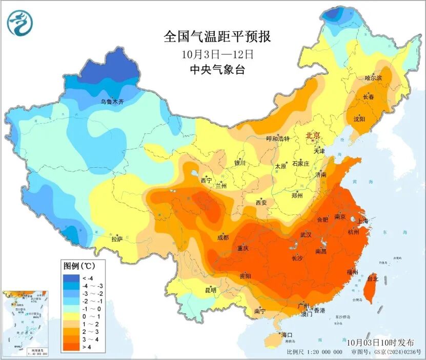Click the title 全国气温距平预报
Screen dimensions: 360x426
pos(217,37)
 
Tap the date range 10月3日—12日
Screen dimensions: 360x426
pos(217,53)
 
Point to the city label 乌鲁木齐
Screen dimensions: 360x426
pos(112,103)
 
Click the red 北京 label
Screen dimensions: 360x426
pos(313,136)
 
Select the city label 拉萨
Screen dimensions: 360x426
pos(117,239)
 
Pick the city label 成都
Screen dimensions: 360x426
pos(222,237)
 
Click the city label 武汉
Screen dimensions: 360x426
pos(306,234)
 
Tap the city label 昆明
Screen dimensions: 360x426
pos(211,290)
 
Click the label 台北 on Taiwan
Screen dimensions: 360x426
pos(373,279)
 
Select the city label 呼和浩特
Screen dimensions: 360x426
pos(278,139)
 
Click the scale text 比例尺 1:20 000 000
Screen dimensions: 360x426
pos(314,352)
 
